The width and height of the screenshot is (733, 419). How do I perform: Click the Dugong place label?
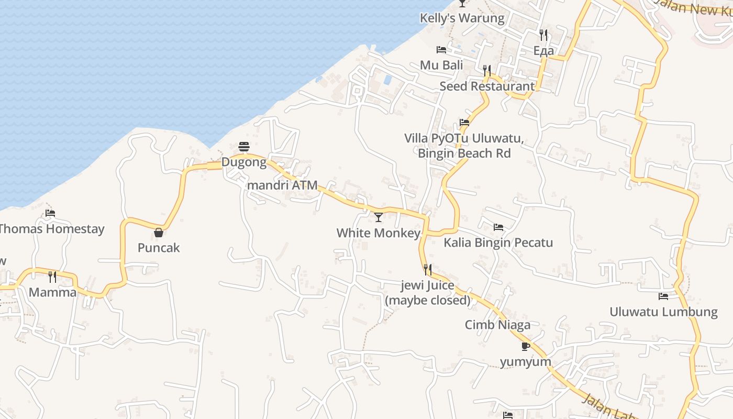[244, 162]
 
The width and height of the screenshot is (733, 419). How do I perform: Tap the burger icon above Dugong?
[244, 147]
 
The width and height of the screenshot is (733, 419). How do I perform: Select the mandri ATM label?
[282, 185]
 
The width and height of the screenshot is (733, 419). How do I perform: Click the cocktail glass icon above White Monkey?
[379, 217]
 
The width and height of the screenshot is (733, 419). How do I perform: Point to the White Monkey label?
[379, 233]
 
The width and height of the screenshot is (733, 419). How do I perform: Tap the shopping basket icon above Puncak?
[159, 232]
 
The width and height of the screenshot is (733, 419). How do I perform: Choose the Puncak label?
[159, 248]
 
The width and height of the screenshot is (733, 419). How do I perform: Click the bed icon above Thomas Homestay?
[50, 213]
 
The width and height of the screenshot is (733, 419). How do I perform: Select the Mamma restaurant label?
[52, 292]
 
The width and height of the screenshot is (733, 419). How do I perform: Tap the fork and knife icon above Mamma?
[52, 277]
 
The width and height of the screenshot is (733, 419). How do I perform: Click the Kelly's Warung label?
[462, 18]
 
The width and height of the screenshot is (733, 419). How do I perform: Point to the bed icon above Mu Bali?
[441, 50]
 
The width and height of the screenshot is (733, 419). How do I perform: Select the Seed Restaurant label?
[487, 86]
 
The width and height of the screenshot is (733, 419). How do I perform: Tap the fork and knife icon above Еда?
[543, 35]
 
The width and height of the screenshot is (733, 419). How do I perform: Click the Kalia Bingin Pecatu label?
[498, 243]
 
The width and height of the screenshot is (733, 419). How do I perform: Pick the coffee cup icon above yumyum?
[526, 346]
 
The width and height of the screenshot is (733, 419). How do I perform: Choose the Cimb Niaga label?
[497, 325]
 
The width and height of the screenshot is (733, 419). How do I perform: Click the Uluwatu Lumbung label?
[663, 312]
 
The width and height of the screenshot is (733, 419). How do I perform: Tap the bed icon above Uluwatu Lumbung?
[663, 296]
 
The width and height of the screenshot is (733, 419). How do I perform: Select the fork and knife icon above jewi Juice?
[428, 270]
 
